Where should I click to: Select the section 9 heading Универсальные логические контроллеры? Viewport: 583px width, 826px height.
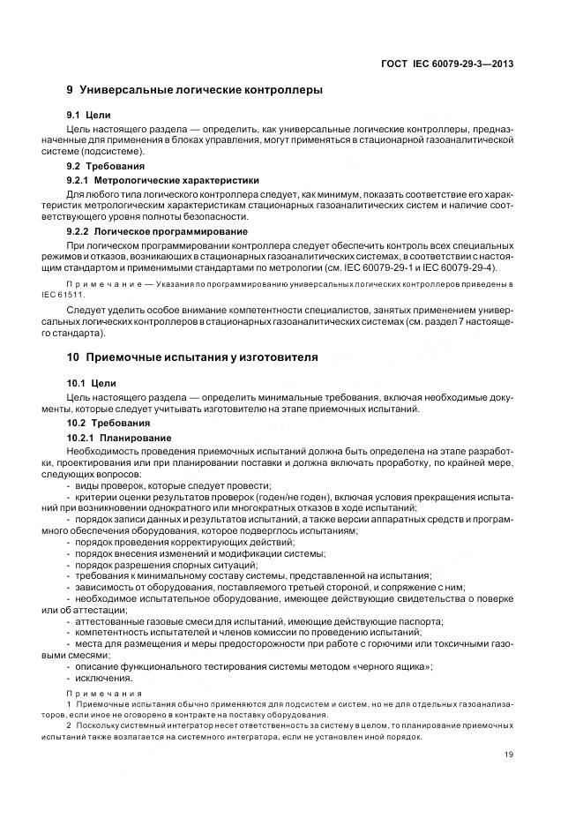pyautogui.click(x=194, y=90)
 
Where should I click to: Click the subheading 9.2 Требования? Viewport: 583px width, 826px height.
pyautogui.click(x=106, y=166)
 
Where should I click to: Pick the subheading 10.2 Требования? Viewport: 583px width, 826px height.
pyautogui.click(x=108, y=422)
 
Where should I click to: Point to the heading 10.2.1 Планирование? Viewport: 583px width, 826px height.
pyautogui.click(x=116, y=437)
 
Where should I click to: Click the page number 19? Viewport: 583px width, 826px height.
pyautogui.click(x=509, y=754)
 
